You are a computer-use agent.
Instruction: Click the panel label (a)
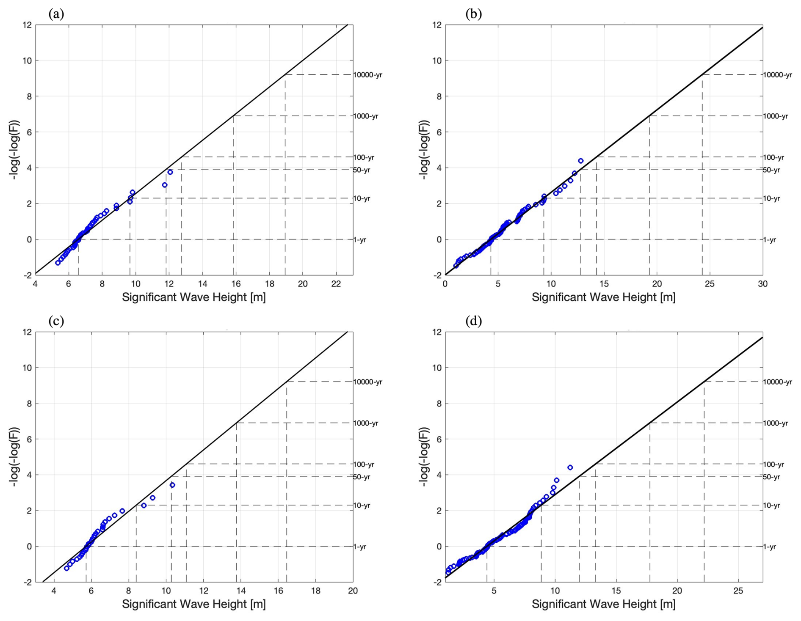[56, 14]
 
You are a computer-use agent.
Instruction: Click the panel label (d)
[473, 321]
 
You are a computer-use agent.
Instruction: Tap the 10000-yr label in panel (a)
[367, 75]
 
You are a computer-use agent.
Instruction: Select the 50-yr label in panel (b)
[771, 170]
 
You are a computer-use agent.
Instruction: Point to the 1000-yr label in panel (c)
[365, 423]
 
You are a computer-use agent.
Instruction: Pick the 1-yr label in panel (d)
[769, 547]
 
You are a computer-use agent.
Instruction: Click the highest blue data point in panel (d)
[570, 467]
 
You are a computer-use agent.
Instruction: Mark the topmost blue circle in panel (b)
[580, 161]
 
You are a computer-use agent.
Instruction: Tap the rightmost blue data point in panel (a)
[170, 172]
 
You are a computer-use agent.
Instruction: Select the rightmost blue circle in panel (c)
[172, 485]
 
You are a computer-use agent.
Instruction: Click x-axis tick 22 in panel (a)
[336, 284]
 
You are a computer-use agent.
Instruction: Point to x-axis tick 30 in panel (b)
[762, 284]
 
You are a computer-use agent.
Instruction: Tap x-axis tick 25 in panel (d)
[738, 591]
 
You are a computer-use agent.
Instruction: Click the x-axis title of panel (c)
[194, 604]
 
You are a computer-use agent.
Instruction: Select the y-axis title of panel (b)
[425, 150]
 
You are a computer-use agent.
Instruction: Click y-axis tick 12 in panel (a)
[27, 25]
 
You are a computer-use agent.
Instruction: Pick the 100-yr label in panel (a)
[364, 157]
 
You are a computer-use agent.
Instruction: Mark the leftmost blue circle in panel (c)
[66, 568]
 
